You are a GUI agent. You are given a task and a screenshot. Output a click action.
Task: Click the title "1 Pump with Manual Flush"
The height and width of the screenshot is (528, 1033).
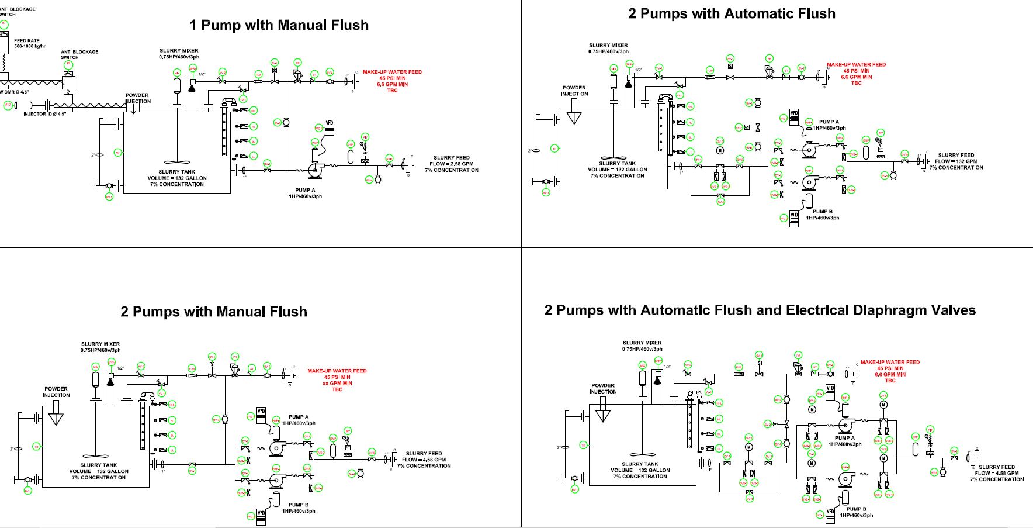tap(279, 25)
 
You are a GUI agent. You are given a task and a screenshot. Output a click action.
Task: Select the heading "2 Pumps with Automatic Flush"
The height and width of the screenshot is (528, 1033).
tap(732, 13)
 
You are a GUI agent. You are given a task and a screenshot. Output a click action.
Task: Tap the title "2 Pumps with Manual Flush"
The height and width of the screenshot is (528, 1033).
tap(213, 312)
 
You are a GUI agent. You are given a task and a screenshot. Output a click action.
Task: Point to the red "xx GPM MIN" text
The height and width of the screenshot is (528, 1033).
tap(337, 383)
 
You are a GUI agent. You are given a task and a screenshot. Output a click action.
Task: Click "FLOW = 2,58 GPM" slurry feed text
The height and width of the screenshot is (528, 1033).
tap(451, 164)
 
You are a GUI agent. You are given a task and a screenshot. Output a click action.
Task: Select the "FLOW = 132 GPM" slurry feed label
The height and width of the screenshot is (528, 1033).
tap(956, 161)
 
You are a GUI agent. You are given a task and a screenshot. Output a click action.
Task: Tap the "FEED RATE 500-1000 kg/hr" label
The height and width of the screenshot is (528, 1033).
tap(29, 43)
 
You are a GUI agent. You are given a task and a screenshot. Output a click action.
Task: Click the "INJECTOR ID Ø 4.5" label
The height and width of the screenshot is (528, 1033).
tap(44, 114)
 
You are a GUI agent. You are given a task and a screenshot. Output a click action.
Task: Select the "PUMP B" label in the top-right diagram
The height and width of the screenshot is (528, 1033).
tap(822, 212)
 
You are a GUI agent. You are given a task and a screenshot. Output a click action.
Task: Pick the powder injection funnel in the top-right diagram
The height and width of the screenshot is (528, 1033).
tap(574, 118)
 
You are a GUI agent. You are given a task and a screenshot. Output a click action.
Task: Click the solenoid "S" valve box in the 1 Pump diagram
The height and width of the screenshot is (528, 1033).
tap(274, 71)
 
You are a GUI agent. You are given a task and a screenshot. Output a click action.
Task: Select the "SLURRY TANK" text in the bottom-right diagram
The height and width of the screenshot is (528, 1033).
tap(640, 464)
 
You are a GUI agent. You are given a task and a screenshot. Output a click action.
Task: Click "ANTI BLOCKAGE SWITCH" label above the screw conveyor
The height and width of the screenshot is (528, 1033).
tap(79, 54)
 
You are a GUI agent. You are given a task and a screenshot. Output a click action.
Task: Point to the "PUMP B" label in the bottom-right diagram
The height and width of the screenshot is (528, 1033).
tap(856, 509)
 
